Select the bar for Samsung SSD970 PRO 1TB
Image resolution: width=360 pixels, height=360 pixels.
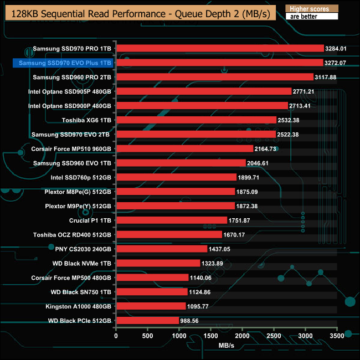point(220,48)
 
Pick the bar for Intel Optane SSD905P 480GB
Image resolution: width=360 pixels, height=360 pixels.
point(204,91)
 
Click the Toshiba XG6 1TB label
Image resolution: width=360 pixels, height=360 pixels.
point(87,120)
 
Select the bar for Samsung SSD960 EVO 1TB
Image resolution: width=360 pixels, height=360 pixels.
point(181,163)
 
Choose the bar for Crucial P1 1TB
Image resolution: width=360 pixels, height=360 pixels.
point(172,220)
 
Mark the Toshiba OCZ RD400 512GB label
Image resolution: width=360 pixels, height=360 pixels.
point(73,234)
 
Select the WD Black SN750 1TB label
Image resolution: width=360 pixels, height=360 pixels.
point(81,292)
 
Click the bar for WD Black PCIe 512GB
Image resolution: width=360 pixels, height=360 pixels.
point(147,320)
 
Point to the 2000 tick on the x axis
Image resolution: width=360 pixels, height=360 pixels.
point(243,335)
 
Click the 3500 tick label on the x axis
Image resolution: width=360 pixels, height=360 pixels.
point(337,335)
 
